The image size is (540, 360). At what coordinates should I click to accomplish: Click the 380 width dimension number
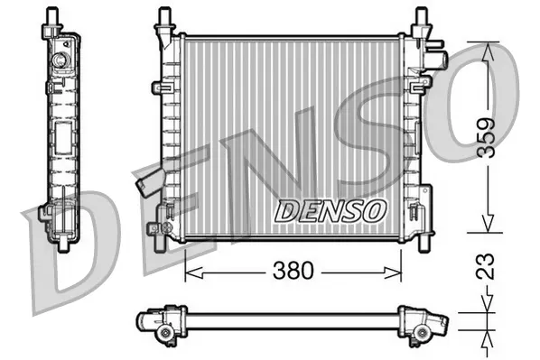pos(293,270)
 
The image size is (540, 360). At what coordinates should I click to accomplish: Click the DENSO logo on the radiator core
pos(330,210)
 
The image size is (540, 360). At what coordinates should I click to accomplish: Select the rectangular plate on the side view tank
pos(66,142)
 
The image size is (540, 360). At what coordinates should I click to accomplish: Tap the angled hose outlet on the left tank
pos(144,185)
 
